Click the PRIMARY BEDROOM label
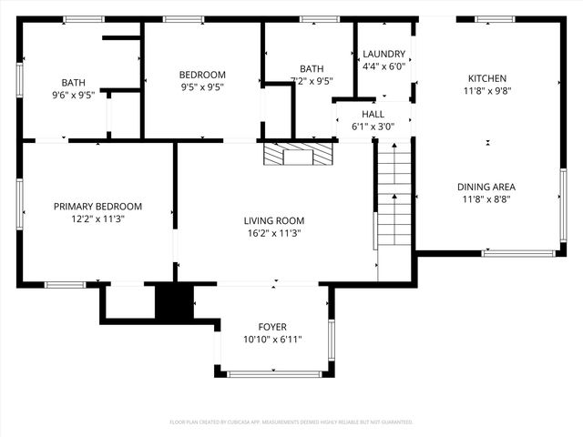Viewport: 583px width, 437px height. click(97, 207)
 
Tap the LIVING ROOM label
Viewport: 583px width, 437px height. click(273, 220)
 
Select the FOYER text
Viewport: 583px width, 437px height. click(271, 327)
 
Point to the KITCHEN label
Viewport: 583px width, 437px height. click(487, 78)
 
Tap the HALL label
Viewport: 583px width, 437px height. click(373, 114)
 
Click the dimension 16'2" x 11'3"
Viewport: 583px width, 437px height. click(273, 233)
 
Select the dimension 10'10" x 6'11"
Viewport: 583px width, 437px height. click(272, 340)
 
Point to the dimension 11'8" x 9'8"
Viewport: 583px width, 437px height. click(487, 91)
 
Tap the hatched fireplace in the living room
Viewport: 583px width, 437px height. click(299, 155)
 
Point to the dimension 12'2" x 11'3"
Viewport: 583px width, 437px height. click(97, 219)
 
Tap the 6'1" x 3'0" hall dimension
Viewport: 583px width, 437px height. click(373, 127)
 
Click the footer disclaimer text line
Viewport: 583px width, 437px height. click(291, 422)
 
